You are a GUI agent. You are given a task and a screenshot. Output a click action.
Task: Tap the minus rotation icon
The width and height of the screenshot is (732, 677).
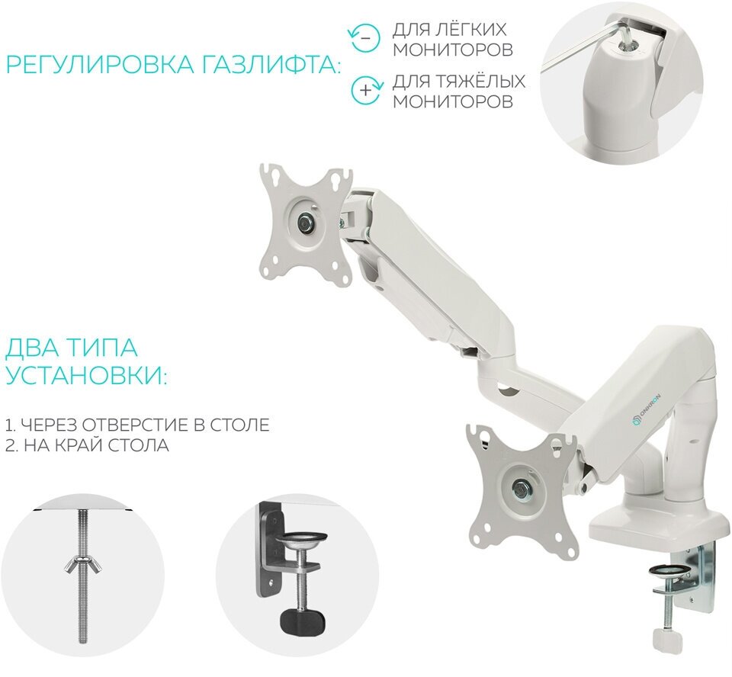click(x=365, y=38)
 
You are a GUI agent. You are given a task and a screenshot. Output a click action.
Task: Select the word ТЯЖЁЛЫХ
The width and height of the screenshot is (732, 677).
click(x=481, y=81)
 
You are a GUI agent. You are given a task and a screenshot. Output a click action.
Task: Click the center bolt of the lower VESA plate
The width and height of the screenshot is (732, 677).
click(x=521, y=486)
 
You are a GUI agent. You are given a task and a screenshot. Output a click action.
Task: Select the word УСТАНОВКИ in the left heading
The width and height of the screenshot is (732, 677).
click(x=85, y=376)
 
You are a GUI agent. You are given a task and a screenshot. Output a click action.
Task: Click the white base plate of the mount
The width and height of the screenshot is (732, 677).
click(x=656, y=526)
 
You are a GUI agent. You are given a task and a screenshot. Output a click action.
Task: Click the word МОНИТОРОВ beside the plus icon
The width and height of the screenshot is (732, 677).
click(x=453, y=101)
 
